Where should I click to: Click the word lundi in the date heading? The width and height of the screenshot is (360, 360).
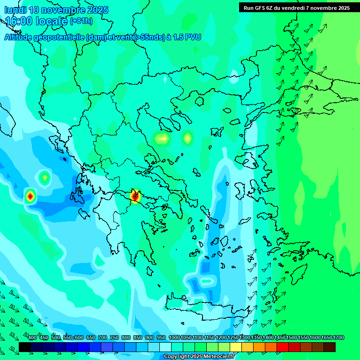coord(15,10)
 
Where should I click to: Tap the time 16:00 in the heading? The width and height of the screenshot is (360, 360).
coord(19,21)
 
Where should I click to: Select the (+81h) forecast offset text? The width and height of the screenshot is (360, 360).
coord(81,21)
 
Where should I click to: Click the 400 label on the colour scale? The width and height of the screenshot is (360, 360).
coord(32,338)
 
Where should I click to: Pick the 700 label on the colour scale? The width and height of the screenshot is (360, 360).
coord(103,338)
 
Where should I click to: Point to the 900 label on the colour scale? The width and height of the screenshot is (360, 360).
coord(150,338)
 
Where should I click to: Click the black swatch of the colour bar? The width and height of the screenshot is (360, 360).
coord(25,347)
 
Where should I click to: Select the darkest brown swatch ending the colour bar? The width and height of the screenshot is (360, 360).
coord(330,347)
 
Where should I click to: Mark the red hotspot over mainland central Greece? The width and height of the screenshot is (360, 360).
coord(135,195)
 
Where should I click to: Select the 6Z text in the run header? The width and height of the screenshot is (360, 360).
coord(270,8)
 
